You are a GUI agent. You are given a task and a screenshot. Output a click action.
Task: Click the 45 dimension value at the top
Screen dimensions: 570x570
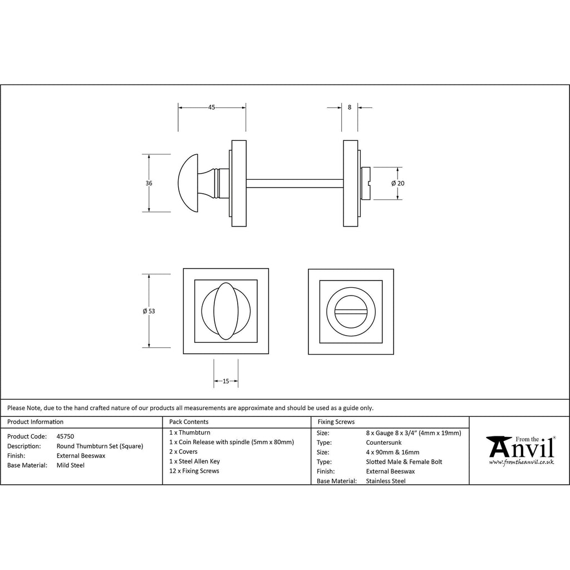[x=212, y=107]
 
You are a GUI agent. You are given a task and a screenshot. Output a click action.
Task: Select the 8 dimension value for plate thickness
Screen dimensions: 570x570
[x=350, y=107]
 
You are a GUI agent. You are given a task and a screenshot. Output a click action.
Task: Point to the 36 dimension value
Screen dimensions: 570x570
[x=149, y=183]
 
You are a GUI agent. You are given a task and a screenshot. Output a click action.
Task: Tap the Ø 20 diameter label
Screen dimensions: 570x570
[x=397, y=183]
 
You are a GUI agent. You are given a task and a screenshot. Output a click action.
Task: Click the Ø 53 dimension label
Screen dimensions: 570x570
[x=149, y=311]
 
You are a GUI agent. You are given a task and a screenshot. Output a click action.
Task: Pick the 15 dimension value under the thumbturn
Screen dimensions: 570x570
[x=226, y=381]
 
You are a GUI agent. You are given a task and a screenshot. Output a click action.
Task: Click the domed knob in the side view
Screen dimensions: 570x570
[x=189, y=183]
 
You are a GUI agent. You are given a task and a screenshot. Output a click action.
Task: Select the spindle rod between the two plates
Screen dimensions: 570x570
[x=295, y=184]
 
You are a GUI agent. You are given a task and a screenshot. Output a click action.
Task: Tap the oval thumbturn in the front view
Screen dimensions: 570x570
[x=226, y=311]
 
